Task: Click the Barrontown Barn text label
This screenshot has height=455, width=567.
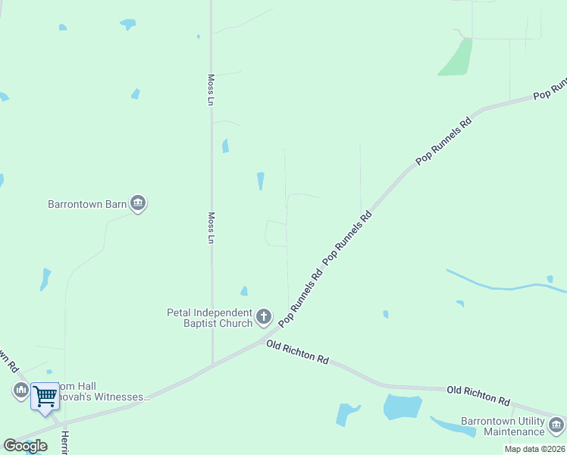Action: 86,204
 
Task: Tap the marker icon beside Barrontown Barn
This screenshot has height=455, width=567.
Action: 138,203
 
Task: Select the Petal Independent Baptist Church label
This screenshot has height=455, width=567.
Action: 210,318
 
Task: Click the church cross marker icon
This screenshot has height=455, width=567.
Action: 264,317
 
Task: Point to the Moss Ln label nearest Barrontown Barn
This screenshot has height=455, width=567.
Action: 212,227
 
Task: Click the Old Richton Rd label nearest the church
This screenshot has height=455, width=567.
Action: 297,353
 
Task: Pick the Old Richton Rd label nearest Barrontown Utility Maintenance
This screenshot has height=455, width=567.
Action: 478,395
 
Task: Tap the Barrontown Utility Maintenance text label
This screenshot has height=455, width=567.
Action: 503,427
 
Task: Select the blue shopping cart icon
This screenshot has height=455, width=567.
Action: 45,396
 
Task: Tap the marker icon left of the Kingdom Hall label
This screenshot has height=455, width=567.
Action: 20,391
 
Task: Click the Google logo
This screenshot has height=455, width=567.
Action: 25,446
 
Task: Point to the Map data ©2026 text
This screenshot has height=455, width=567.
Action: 534,449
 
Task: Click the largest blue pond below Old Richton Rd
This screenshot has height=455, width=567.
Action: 402,407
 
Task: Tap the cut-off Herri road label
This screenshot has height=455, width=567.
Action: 65,443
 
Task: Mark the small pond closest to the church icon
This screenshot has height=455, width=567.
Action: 244,291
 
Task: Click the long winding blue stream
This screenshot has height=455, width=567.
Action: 500,284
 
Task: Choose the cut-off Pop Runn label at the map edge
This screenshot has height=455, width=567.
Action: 551,89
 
